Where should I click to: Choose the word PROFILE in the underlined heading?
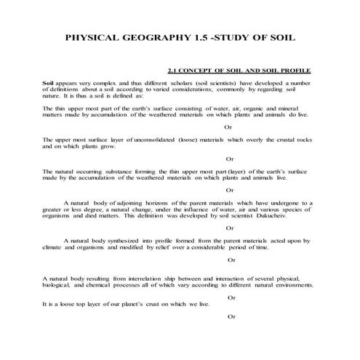297,71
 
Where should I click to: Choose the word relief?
161,247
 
